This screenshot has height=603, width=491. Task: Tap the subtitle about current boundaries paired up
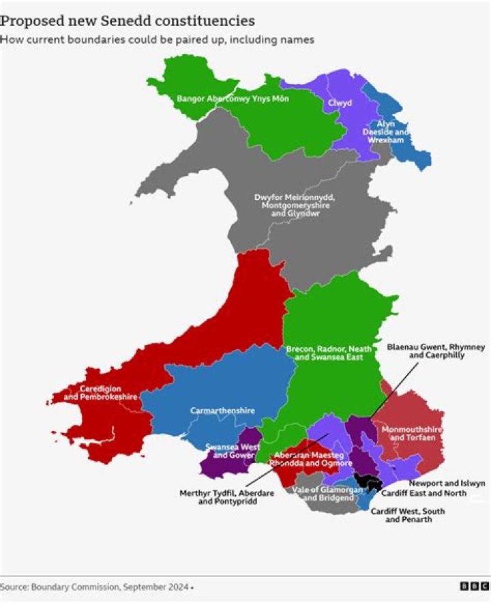pyautogui.click(x=157, y=40)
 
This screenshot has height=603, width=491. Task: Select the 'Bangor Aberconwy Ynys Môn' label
pyautogui.click(x=233, y=99)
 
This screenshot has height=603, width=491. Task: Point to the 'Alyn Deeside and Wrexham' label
pyautogui.click(x=386, y=132)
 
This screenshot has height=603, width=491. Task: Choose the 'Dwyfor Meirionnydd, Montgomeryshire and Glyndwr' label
pyautogui.click(x=295, y=205)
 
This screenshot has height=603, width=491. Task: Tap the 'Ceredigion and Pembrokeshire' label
pyautogui.click(x=100, y=392)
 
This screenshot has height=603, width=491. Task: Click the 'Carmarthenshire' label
pyautogui.click(x=222, y=411)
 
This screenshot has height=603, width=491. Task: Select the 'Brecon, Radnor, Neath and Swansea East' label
pyautogui.click(x=329, y=353)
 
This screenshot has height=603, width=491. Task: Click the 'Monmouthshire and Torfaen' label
pyautogui.click(x=412, y=433)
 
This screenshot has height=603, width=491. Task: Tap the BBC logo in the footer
pyautogui.click(x=473, y=587)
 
